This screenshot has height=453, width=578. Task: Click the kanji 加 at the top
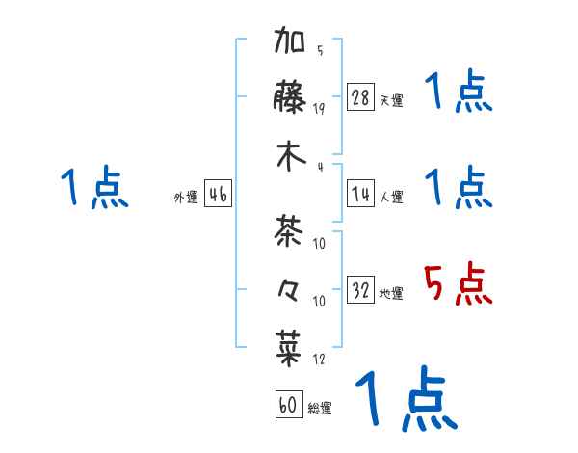click(291, 44)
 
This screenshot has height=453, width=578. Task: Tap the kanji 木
click(291, 157)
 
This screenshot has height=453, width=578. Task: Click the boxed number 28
click(361, 97)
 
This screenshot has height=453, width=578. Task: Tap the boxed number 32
click(361, 290)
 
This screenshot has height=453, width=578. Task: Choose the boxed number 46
click(218, 195)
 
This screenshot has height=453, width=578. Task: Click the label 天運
click(391, 100)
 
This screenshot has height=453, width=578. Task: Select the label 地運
click(391, 293)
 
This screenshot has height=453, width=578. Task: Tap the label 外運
click(186, 198)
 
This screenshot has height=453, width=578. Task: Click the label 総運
click(320, 408)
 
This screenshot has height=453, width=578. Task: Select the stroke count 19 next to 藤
click(319, 108)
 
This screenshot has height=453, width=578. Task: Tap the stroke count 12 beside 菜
click(319, 360)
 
